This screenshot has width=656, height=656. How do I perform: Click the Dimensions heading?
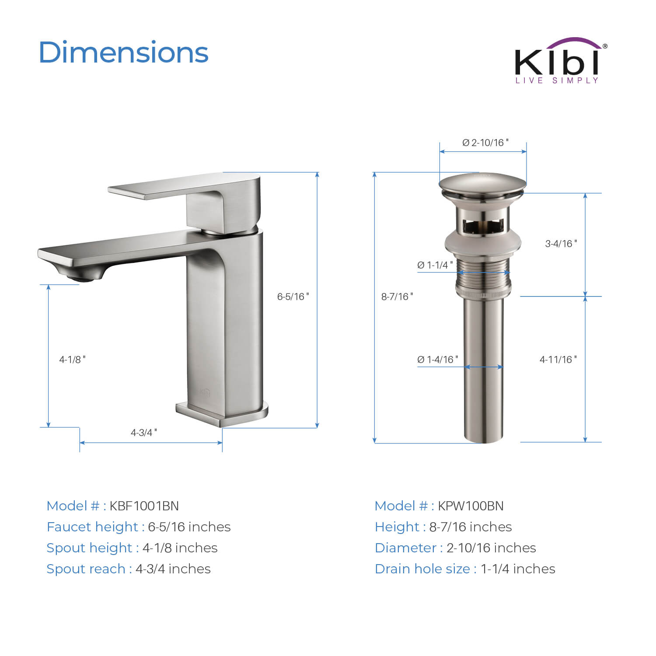point(124,52)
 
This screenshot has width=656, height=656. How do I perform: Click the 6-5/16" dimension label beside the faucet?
point(293,297)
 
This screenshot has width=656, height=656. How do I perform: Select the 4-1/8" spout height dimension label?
point(73,359)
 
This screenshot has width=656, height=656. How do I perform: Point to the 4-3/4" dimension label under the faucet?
point(144,433)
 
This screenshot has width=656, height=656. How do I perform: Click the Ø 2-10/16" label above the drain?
point(485,143)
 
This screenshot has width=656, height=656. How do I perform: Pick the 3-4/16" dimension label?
point(561,244)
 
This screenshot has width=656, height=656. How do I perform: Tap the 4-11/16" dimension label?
point(558,359)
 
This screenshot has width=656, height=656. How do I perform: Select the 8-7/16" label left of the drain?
point(397,297)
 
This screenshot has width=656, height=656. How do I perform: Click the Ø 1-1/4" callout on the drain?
point(435,265)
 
